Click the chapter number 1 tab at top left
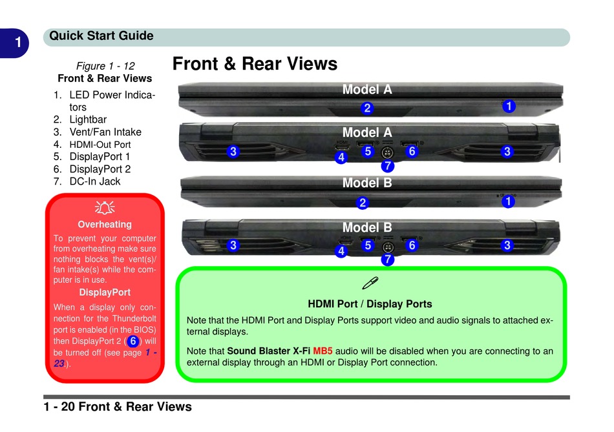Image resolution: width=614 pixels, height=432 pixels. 19,43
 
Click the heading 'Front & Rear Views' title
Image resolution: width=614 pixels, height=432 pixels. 255,64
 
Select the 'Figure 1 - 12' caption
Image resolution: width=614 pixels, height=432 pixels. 105,66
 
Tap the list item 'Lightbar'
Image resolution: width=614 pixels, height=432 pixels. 88,119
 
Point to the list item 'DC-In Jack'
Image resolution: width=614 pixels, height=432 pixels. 95,181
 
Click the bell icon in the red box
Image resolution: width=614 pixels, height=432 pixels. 105,207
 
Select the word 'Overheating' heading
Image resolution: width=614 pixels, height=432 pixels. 105,225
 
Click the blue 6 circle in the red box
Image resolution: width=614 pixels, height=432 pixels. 132,340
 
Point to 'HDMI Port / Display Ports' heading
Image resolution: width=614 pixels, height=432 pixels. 370,304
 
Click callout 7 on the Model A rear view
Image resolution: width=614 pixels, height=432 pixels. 387,166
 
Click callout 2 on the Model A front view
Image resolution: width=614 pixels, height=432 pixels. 366,107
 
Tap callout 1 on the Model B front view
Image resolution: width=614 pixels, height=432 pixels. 509,201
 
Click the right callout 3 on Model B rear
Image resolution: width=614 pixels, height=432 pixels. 507,245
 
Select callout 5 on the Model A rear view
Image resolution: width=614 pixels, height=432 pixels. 367,152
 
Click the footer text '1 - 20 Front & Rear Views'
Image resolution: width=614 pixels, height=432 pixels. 118,407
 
